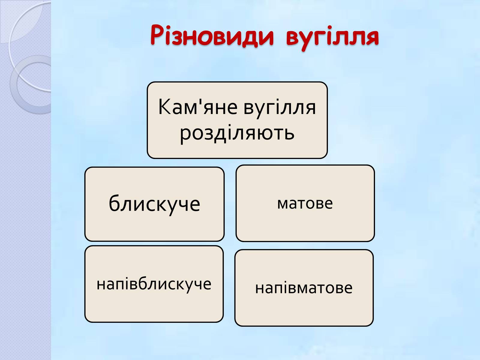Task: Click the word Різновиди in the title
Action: [x=212, y=35]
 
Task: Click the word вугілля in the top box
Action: [x=280, y=108]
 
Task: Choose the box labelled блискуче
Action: [x=154, y=204]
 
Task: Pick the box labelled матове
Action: [x=305, y=203]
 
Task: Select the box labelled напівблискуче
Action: [x=154, y=284]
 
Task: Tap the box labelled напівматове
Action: [x=304, y=288]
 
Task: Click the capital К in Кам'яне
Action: [x=164, y=107]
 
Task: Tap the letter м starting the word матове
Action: [x=283, y=204]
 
